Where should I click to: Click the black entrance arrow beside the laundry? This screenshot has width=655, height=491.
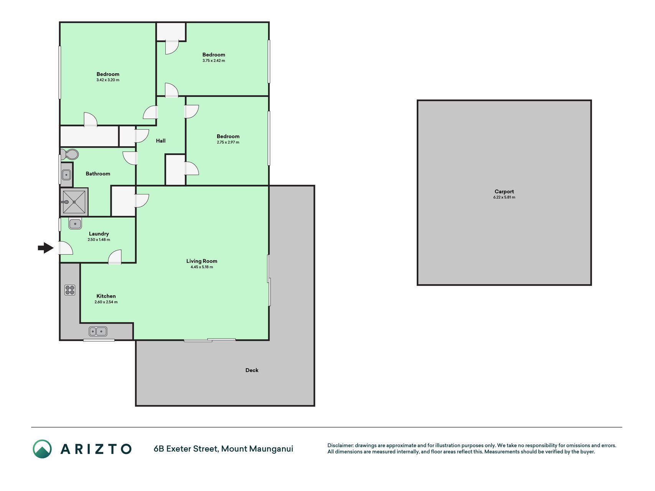click(46, 248)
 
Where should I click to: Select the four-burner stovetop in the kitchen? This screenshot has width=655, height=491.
click(70, 290)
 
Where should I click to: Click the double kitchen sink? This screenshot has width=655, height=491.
click(98, 331)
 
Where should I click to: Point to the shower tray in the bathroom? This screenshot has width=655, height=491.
click(74, 202)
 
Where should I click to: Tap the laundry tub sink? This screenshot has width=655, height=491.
click(75, 223)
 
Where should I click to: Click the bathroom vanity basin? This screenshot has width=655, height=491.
click(66, 175)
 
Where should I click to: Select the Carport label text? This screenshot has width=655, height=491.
click(504, 191)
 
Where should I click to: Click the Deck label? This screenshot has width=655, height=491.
click(252, 370)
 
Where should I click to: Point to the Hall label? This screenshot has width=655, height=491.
click(161, 141)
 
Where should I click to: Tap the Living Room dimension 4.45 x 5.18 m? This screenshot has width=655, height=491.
click(202, 267)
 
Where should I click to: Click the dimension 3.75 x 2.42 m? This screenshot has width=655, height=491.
click(214, 61)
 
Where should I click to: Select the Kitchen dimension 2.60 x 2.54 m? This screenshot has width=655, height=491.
click(106, 302)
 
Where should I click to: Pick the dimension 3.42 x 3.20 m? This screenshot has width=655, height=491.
click(108, 80)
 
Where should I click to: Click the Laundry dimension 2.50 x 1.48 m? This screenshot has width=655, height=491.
click(99, 240)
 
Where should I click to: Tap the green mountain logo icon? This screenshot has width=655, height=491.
click(42, 449)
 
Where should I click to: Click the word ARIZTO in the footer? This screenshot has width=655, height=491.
click(96, 449)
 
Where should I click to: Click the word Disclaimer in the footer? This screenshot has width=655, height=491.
click(340, 445)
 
